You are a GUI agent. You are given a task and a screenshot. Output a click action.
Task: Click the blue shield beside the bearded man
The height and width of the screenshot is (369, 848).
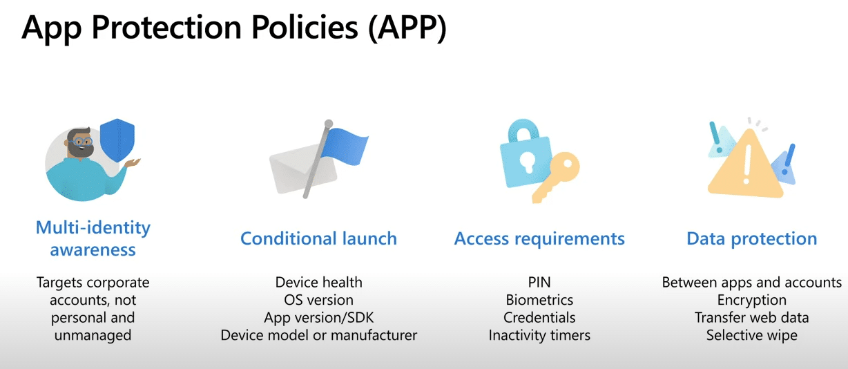(117, 140)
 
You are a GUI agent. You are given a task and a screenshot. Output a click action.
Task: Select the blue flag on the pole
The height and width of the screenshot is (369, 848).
(345, 146)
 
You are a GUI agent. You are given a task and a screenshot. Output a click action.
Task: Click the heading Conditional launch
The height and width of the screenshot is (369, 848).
(319, 238)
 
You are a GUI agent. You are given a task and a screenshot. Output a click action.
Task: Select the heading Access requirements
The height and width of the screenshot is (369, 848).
(539, 239)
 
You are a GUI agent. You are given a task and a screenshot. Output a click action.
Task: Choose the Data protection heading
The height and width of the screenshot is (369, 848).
(752, 239)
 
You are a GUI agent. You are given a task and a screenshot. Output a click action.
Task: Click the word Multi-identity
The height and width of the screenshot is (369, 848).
(93, 228)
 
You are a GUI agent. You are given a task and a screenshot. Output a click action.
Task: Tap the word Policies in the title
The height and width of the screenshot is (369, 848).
(305, 27)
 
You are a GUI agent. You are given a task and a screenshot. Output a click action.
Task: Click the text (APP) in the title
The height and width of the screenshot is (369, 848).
(407, 28)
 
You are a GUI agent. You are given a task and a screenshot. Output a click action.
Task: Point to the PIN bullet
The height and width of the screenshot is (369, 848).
(539, 282)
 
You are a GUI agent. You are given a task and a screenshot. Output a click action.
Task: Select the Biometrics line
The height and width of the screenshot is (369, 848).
(539, 300)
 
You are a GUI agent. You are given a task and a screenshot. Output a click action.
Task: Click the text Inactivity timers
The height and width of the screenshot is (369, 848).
(539, 335)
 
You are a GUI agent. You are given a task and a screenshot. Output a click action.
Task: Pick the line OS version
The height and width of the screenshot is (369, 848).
(319, 300)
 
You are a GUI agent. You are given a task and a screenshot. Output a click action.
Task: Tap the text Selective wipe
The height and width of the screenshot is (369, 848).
(752, 335)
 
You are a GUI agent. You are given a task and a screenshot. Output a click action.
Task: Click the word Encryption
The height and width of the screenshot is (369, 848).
(752, 301)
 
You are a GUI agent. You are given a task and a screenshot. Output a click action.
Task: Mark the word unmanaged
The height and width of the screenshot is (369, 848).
(93, 336)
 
